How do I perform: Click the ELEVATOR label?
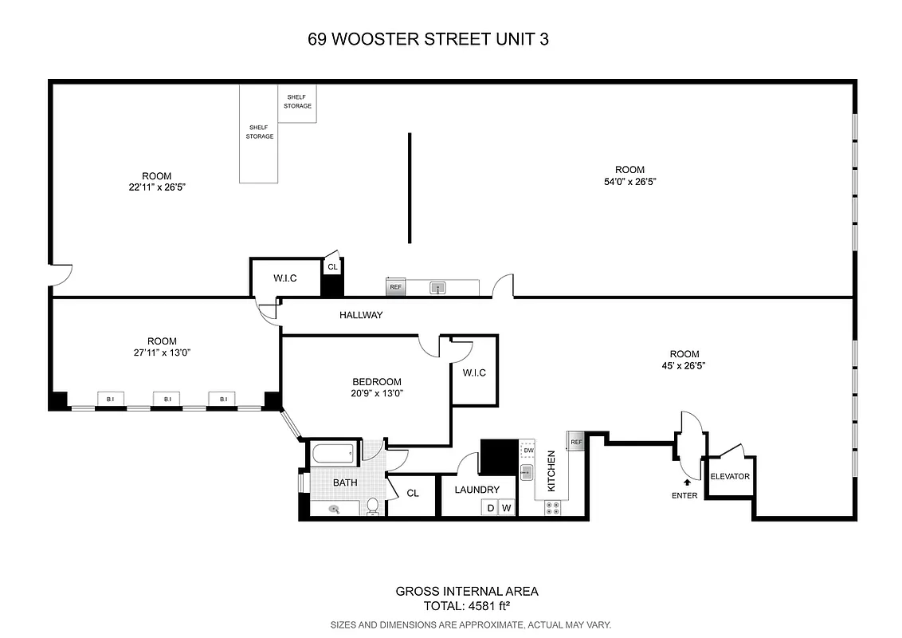click(730, 477)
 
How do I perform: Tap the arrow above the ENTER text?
click(687, 482)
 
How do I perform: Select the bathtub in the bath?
click(333, 455)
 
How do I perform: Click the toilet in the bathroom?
click(372, 506)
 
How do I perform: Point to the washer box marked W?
click(506, 508)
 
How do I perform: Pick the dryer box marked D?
click(490, 508)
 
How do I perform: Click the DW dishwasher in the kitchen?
click(528, 451)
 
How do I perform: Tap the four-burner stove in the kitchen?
click(551, 507)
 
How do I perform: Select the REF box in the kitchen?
click(576, 440)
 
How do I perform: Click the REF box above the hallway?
click(394, 287)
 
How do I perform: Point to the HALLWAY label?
click(361, 315)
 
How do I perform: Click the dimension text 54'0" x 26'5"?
click(629, 182)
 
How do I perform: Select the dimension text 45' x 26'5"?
click(684, 366)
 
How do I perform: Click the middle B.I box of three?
click(167, 399)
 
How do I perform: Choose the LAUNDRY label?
click(477, 490)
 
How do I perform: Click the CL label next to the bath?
click(413, 494)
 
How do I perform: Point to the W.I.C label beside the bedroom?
click(473, 372)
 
